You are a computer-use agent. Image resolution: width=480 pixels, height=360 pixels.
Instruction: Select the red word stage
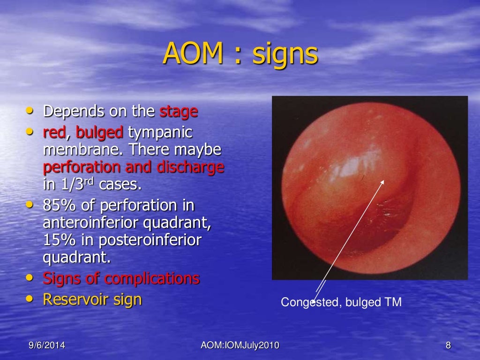tap(179, 112)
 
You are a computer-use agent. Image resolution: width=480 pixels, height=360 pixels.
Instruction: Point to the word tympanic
tap(160, 133)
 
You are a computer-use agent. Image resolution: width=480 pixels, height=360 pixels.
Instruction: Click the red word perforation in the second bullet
tap(78, 167)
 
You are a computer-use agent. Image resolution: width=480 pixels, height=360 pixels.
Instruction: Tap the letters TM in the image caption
tap(393, 302)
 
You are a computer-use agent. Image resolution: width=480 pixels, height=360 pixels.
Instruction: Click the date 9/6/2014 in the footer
tap(46, 346)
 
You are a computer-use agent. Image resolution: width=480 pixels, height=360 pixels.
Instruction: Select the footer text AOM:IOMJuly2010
tap(240, 346)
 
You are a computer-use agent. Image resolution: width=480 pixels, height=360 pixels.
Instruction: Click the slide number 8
tap(448, 346)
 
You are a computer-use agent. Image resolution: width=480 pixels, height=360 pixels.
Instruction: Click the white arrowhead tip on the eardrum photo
tap(384, 181)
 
